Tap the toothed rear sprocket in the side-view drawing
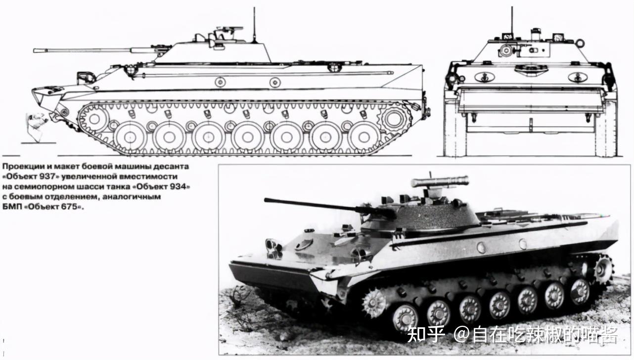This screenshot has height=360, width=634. coord(394,119)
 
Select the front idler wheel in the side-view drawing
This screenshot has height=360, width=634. coord(94,119)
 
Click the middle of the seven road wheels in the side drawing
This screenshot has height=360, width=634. coord(247,136)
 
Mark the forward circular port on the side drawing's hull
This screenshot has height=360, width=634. coord(220,82)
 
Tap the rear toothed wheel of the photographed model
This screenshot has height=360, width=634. coord(603,269)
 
